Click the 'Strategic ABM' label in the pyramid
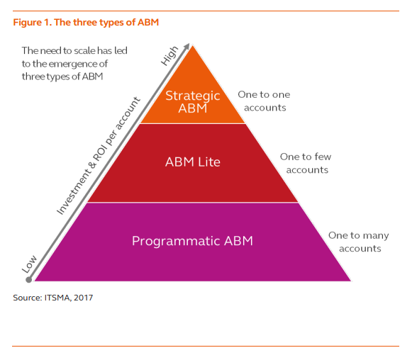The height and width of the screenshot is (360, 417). point(193,102)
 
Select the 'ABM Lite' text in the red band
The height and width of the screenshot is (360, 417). point(193,162)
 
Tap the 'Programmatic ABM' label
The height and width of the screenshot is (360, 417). point(192,241)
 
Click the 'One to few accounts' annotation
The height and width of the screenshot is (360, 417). point(305,163)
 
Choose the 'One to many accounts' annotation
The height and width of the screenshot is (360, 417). point(360,242)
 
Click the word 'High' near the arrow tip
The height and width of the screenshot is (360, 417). point(169,56)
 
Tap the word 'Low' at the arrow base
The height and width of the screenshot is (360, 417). point(29,265)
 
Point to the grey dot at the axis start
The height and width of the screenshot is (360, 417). point(28,279)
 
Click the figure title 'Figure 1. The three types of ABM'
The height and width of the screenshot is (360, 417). point(86,22)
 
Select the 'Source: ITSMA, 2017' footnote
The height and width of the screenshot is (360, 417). point(52,298)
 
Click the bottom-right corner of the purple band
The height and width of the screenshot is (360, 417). point(350,281)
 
